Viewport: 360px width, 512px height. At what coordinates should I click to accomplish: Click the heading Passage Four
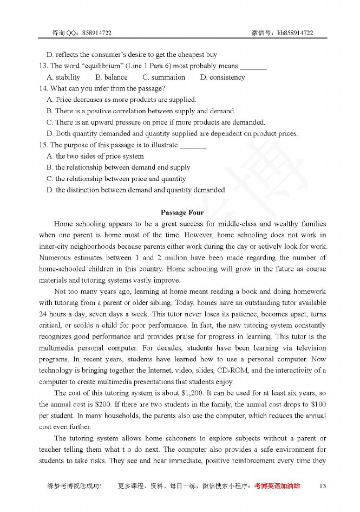click(182, 212)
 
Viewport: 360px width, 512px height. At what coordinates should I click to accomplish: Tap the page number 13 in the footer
click(323, 486)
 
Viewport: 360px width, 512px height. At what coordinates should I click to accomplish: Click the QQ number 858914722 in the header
click(97, 33)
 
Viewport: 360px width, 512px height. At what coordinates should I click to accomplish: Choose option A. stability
click(63, 77)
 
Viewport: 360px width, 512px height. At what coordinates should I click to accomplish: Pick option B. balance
click(112, 77)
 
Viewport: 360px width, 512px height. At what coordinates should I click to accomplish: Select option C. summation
click(163, 77)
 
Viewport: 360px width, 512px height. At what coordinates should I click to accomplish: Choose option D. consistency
click(222, 77)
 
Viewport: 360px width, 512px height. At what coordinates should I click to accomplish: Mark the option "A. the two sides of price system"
click(95, 156)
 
